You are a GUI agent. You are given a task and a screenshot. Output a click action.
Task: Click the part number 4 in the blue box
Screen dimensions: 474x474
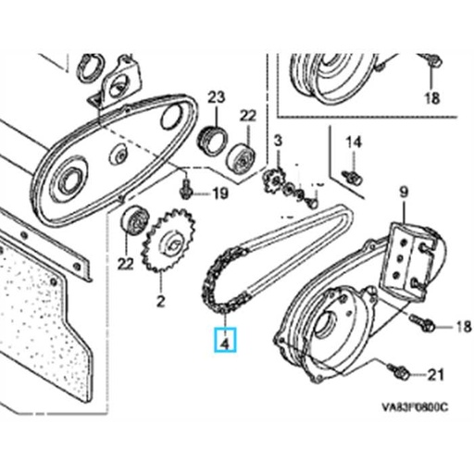point(225,342)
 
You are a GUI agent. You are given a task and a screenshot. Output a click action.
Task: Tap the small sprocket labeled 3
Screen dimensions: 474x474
point(275,179)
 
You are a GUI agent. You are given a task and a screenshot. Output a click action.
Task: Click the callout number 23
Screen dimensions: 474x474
point(216,97)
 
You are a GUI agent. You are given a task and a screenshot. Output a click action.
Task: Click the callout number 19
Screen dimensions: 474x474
point(218,193)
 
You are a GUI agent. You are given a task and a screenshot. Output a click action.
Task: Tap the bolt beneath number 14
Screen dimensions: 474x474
point(352,175)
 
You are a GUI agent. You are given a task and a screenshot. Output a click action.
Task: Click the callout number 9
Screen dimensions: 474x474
point(403,193)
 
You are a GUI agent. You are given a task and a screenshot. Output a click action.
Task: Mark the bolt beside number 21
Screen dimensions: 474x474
point(403,373)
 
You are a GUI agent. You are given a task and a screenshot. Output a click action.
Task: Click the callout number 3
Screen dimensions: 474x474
point(277,140)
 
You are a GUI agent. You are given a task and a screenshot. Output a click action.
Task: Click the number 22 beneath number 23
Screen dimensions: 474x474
point(248,115)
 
